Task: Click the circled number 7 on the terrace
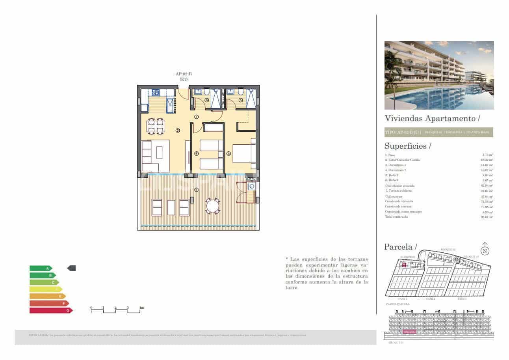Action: (x=196, y=190)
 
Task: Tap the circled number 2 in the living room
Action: (x=178, y=131)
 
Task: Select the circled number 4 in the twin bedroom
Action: (x=196, y=154)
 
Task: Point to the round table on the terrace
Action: (x=213, y=206)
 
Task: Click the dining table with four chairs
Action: (x=156, y=125)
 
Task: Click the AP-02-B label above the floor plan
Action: (x=183, y=74)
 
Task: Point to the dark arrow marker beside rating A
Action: (x=71, y=268)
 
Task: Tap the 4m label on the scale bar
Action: (x=141, y=307)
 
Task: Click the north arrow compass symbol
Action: (x=485, y=250)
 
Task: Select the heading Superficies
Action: (x=405, y=146)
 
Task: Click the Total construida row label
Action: (x=397, y=216)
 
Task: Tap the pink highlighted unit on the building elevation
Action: (x=409, y=332)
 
